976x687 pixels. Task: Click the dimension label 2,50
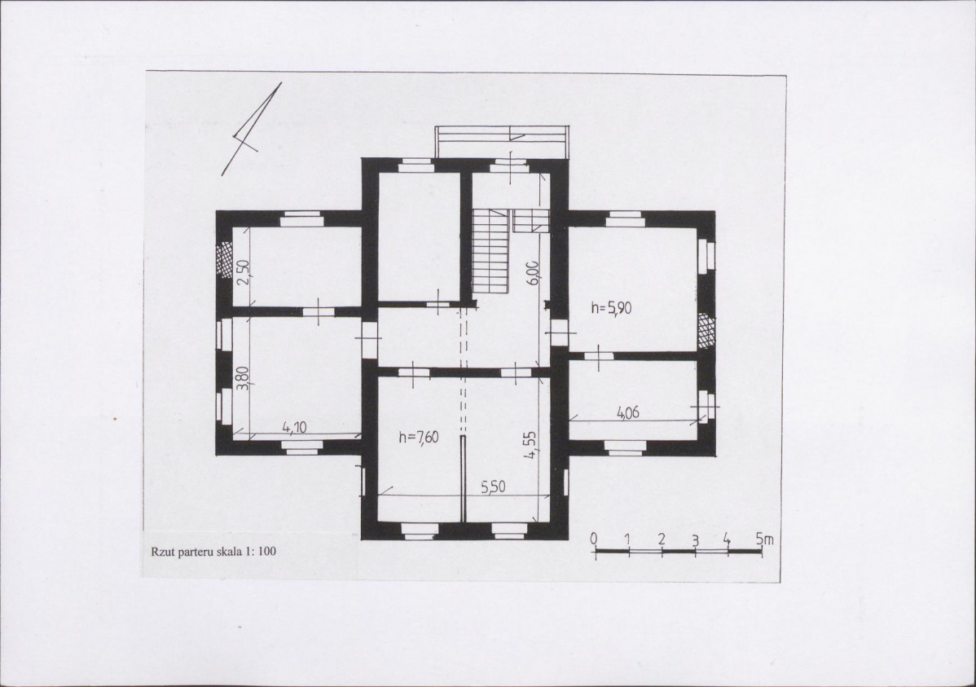click(244, 271)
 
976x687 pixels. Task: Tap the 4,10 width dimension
click(294, 427)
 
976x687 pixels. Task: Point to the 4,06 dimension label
click(628, 412)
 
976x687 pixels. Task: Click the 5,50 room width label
click(493, 487)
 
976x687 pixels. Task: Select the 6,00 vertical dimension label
click(532, 272)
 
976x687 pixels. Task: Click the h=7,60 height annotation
click(418, 438)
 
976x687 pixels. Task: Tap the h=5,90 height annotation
click(611, 307)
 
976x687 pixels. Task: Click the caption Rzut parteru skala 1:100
click(213, 551)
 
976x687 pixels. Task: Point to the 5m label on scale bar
click(764, 539)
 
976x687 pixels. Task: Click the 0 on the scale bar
click(595, 539)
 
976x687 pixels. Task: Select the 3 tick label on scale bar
click(695, 540)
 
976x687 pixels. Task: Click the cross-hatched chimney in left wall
click(223, 258)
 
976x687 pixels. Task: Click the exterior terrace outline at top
click(502, 142)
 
